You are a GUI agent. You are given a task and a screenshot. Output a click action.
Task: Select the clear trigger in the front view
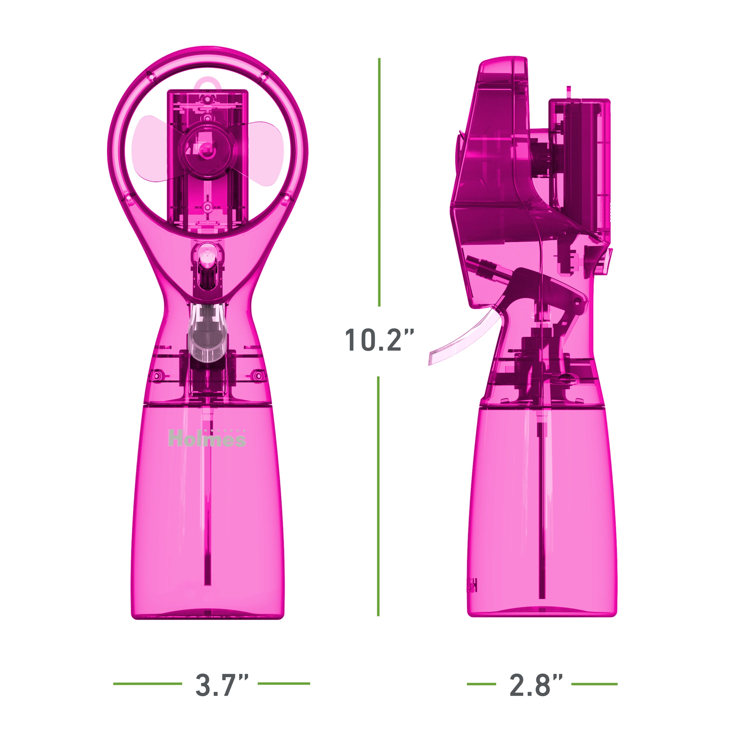tap(209, 334)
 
